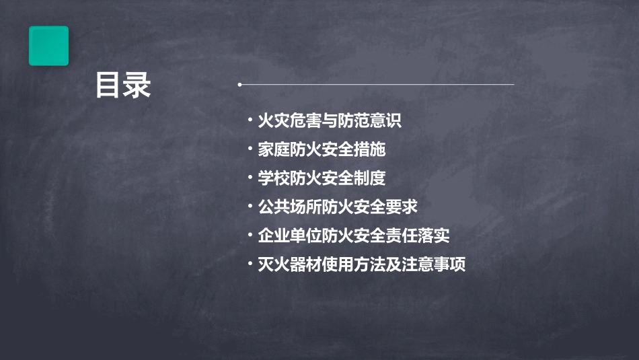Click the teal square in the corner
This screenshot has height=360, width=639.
click(x=48, y=46)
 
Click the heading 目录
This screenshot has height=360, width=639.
click(x=122, y=86)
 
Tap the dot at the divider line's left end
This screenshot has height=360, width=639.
click(x=239, y=85)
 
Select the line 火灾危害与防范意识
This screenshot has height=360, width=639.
click(x=330, y=121)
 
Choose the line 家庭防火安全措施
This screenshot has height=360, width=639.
click(x=322, y=149)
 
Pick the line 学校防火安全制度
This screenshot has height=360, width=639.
click(x=322, y=178)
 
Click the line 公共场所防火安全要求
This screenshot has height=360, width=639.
click(x=338, y=207)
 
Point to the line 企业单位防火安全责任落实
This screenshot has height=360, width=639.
click(x=354, y=236)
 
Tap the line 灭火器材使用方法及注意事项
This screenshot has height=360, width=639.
click(x=362, y=264)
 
